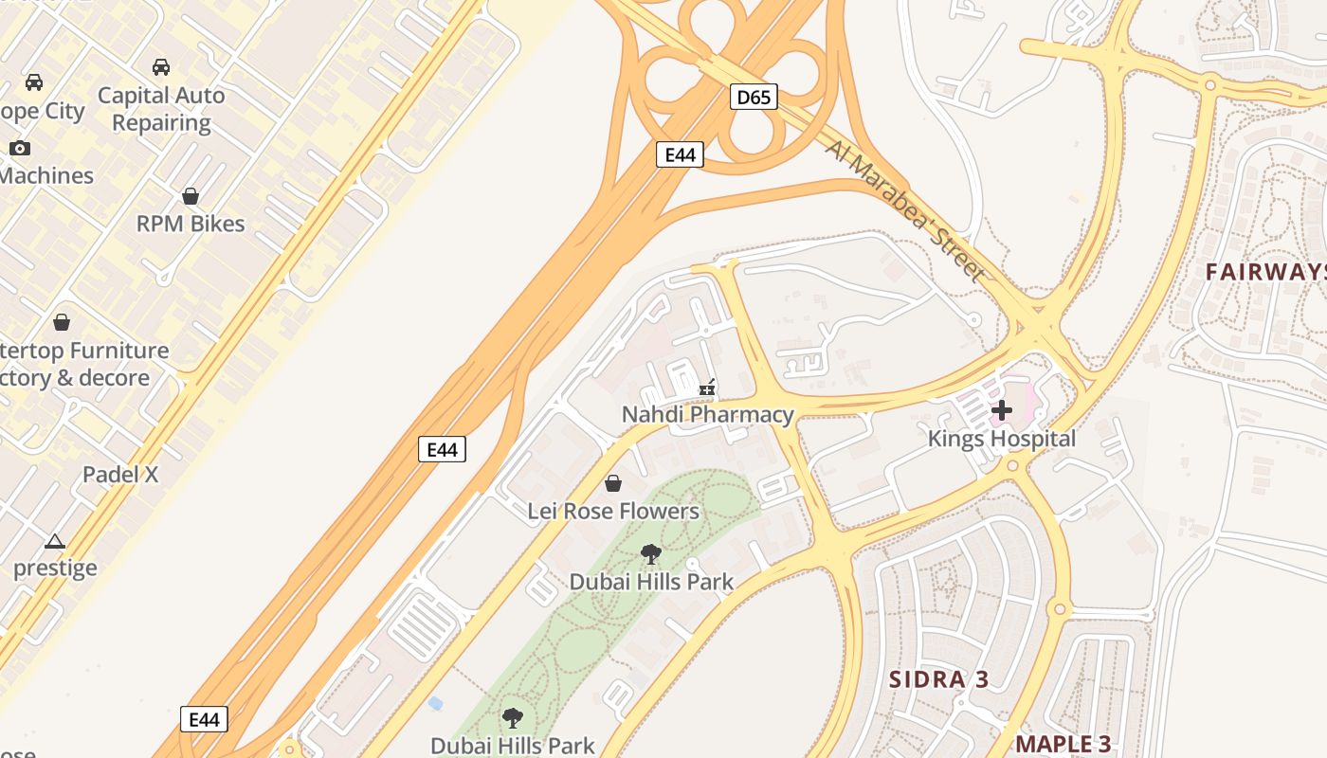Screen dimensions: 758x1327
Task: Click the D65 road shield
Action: coord(754,96)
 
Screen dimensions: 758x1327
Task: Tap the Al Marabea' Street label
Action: coord(904,210)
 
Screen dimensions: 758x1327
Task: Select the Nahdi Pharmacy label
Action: coord(707,414)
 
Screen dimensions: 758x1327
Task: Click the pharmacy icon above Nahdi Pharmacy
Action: coord(706,388)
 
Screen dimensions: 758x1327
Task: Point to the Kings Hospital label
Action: coord(1001,439)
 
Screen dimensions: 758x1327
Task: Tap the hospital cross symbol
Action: coord(1002,410)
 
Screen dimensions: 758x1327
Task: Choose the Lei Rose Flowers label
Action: coord(613,511)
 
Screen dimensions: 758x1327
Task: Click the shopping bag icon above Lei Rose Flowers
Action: coord(613,483)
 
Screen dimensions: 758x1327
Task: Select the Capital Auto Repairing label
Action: coord(161,109)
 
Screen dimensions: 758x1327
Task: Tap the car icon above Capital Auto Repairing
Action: coord(161,67)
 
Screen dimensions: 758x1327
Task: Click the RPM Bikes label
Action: coord(191,224)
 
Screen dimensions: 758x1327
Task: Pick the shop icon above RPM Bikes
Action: coord(191,196)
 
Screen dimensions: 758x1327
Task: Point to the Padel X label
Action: coord(120,475)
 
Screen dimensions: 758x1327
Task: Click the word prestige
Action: coord(55,568)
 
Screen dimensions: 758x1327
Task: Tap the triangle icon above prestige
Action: coord(55,541)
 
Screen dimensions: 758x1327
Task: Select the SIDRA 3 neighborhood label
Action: coord(938,679)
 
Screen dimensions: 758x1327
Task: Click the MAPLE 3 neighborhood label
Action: coord(1063,744)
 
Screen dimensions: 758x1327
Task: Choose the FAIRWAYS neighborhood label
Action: coord(1265,272)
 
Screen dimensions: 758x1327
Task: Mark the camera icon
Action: coord(20,148)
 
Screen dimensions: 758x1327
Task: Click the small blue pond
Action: coord(435,703)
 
